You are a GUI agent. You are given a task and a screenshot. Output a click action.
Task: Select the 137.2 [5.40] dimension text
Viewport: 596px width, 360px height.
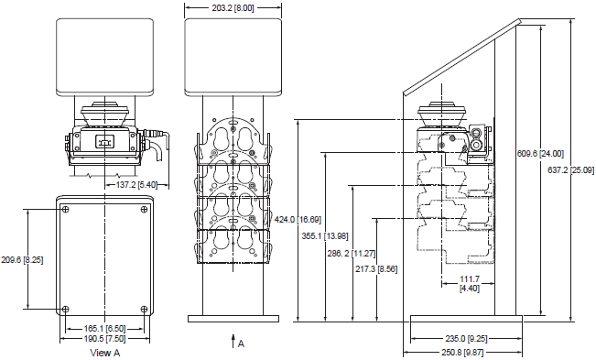pyautogui.click(x=137, y=184)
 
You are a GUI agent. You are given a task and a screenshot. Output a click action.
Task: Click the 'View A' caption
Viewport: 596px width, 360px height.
pyautogui.click(x=105, y=352)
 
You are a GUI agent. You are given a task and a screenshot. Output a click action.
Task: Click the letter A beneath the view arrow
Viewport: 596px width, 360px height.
pyautogui.click(x=241, y=344)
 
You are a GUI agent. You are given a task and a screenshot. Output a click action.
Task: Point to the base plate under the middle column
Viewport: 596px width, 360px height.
pyautogui.click(x=232, y=319)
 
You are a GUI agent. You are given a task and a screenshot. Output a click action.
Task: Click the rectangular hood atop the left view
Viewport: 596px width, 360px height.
pyautogui.click(x=105, y=55)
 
